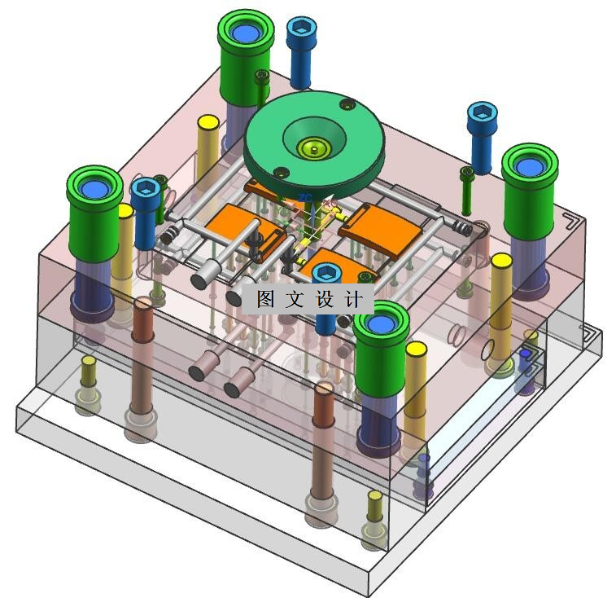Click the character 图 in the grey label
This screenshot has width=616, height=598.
265,299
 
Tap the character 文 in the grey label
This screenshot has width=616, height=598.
295,299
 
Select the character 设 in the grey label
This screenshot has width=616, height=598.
325,299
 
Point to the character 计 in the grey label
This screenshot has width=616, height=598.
354,299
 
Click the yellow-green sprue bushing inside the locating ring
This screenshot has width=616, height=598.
313,148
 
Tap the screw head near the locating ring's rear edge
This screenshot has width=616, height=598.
347,104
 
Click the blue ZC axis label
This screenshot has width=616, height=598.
305,197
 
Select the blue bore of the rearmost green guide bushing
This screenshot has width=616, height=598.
246,32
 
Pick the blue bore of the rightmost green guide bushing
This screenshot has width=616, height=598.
530,167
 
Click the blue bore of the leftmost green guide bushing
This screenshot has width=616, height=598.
94,190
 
